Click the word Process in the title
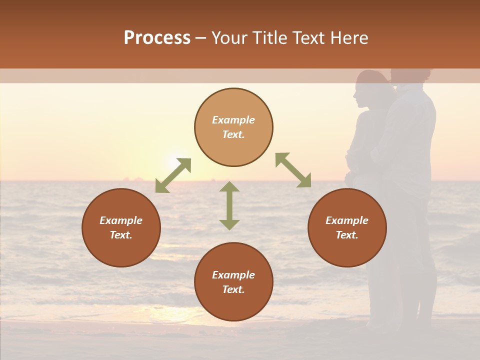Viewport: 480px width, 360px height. (157, 38)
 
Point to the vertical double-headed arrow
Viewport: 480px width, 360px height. (229, 205)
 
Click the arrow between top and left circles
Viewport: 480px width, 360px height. (173, 175)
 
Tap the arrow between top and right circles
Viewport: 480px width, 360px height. (293, 170)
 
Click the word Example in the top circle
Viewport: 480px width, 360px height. (233, 120)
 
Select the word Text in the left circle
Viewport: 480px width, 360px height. (120, 235)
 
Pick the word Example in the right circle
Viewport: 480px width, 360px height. (347, 220)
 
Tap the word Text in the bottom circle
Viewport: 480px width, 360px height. (233, 289)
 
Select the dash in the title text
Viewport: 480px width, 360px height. (201, 38)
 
